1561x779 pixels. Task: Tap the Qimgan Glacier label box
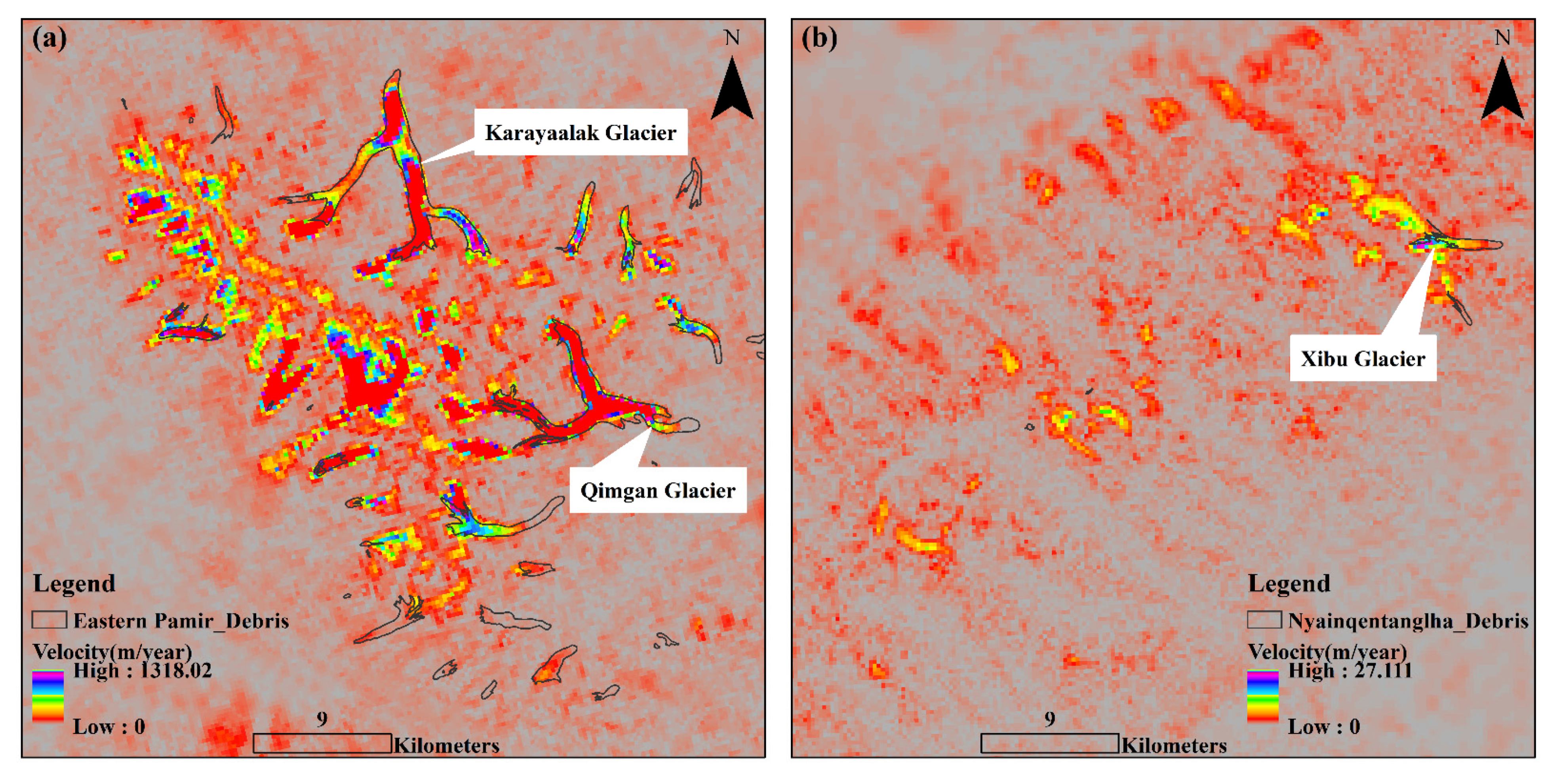(657, 490)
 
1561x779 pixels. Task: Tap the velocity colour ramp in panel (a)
(48, 695)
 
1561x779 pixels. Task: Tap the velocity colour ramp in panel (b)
(1262, 695)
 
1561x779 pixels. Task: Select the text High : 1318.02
(143, 670)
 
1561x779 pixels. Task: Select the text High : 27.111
(1350, 670)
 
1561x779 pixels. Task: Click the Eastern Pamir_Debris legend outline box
(49, 620)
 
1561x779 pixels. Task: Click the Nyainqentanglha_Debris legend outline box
(1264, 620)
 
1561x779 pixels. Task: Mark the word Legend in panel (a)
(74, 583)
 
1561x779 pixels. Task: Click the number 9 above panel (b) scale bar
(1049, 719)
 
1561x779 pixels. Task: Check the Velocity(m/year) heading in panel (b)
(1327, 652)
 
